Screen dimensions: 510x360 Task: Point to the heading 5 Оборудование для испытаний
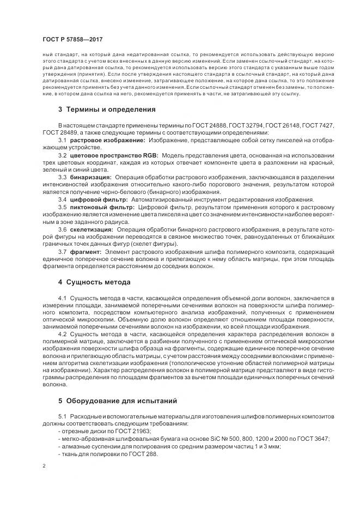[118, 401]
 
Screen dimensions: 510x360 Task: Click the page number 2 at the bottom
[45, 466]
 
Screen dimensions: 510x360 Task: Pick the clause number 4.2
[62, 333]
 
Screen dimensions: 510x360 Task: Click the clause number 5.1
[62, 417]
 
